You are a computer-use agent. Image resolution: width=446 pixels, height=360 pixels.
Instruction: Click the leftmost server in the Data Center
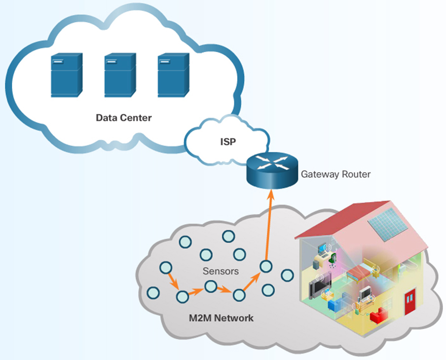tap(66, 76)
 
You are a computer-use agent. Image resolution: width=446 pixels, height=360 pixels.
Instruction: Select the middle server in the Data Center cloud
tap(120, 76)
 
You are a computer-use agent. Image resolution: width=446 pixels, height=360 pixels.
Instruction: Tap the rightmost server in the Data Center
tap(173, 76)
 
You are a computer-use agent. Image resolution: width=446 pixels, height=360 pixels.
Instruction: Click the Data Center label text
tap(124, 118)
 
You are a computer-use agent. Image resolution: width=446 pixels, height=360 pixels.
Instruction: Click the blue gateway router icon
tap(271, 170)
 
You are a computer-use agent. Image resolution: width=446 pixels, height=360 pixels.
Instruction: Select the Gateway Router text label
tap(336, 174)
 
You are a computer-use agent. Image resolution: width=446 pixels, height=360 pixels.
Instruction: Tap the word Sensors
tap(220, 271)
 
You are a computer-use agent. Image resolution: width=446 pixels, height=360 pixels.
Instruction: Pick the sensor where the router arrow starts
tap(265, 266)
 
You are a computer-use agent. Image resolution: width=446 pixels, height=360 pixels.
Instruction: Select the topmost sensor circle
tap(228, 236)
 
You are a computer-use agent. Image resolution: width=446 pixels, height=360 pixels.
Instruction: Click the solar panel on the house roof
tap(390, 223)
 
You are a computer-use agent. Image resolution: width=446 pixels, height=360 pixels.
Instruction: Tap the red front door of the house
tap(410, 302)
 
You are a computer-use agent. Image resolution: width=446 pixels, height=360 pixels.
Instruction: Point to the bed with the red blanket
tap(361, 274)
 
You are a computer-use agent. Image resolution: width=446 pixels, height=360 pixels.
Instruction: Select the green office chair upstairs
tap(333, 259)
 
